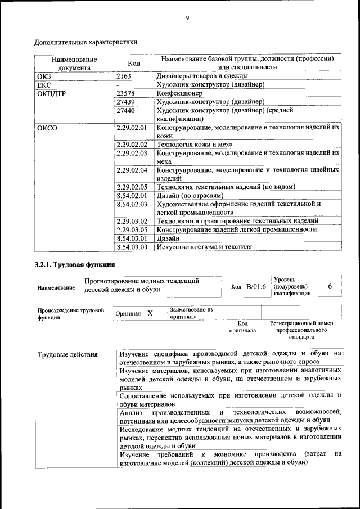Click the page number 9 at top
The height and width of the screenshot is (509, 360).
tap(187, 19)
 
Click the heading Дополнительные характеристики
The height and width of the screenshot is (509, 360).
tap(85, 42)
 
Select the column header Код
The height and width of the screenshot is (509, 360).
tap(134, 63)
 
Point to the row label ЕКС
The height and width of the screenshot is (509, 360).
tap(44, 85)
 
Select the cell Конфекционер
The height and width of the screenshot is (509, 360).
tap(179, 93)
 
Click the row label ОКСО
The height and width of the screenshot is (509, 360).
tap(47, 128)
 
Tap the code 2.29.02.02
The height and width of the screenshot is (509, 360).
tap(131, 145)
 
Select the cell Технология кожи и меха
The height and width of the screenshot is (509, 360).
tap(194, 145)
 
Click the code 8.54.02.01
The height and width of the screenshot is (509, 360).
tap(131, 195)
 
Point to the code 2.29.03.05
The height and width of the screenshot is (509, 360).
tap(131, 229)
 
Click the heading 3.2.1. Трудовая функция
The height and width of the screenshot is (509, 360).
tap(75, 264)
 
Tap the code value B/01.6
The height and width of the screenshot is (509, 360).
tap(256, 287)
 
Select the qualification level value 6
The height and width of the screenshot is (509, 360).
tap(330, 287)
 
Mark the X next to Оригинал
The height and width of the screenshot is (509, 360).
tap(150, 313)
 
